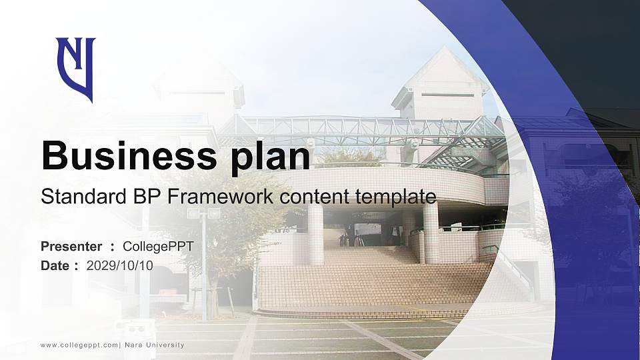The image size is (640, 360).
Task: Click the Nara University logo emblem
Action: [75, 68]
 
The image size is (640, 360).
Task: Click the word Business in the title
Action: [123, 157]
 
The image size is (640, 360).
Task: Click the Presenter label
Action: [71, 247]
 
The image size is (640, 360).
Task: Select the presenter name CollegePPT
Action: [158, 247]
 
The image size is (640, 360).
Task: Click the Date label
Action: [55, 265]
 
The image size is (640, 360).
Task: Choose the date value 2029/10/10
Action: [119, 265]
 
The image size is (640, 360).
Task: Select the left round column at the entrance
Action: [315, 233]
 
